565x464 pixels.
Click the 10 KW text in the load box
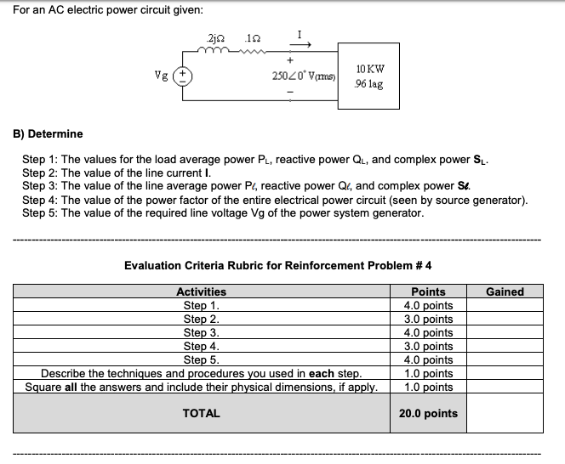click(373, 68)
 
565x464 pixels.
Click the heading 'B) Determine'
click(48, 133)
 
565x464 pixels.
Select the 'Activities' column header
click(201, 291)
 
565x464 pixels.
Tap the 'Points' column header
click(428, 291)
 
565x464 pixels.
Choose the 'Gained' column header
click(505, 291)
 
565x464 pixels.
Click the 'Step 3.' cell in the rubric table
click(202, 332)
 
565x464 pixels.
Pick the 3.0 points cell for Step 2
click(428, 319)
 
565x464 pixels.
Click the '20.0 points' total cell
click(428, 414)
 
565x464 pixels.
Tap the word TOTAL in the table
click(202, 414)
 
